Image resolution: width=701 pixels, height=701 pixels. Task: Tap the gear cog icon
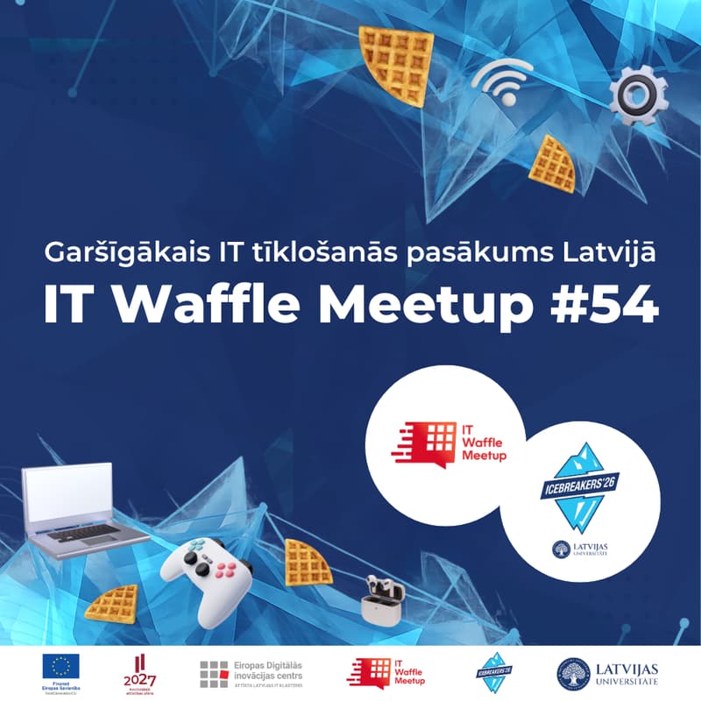(638, 95)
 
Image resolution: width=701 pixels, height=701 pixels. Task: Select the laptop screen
(68, 495)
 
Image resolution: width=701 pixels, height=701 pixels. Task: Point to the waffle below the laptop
(113, 605)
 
